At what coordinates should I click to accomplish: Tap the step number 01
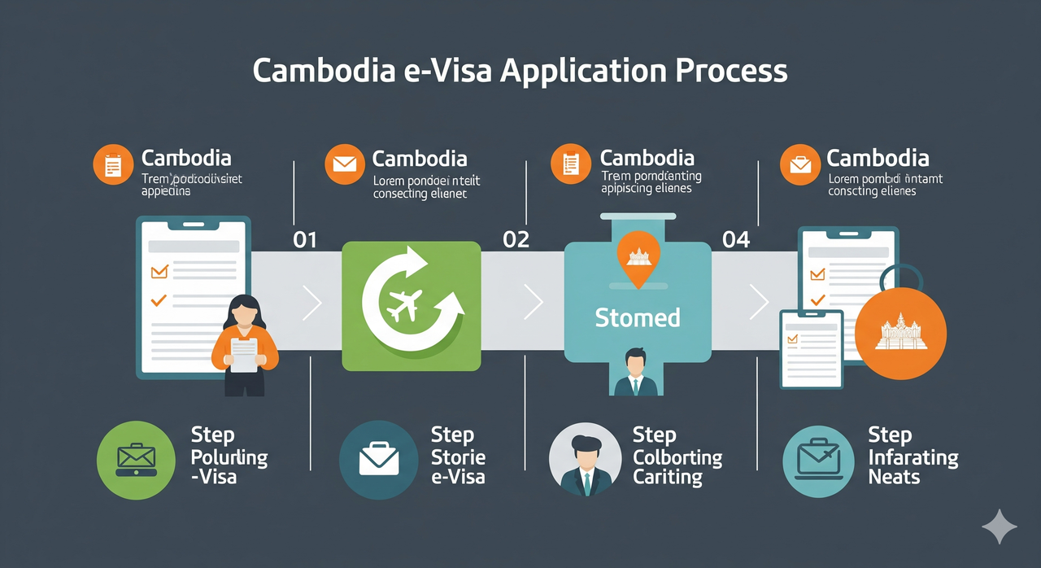[x=304, y=239]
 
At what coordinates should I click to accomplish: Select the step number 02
[x=516, y=239]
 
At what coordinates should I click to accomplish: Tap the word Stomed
[x=637, y=317]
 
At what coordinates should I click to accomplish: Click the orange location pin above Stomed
[x=637, y=258]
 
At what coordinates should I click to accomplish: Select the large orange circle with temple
[x=901, y=333]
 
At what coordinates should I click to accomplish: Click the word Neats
[x=894, y=478]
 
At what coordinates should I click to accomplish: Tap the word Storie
[x=459, y=457]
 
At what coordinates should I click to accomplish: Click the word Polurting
[x=229, y=457]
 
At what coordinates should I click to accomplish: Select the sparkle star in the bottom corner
[x=1000, y=526]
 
